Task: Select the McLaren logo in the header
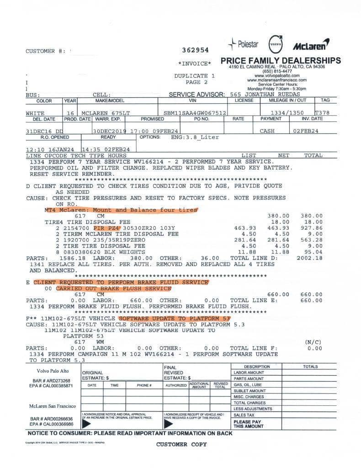click(311, 45)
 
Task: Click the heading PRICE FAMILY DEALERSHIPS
click(280, 60)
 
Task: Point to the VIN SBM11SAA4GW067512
click(195, 113)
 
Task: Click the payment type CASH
click(267, 131)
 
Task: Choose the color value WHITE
click(35, 113)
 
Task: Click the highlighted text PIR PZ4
click(106, 227)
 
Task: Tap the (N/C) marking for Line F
click(313, 342)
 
